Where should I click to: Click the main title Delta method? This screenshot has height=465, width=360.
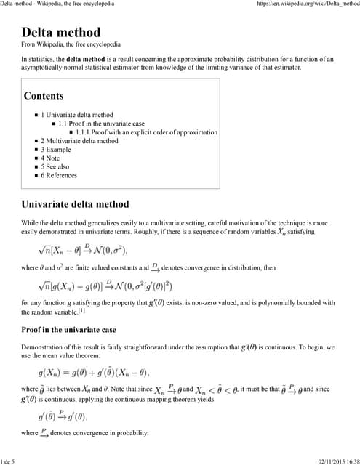[x=61, y=33]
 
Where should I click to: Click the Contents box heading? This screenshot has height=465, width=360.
[x=44, y=96]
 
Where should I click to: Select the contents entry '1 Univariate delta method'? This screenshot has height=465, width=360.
[x=77, y=115]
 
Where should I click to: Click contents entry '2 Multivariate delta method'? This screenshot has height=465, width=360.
[x=79, y=141]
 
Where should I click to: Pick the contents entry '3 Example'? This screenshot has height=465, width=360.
[x=56, y=150]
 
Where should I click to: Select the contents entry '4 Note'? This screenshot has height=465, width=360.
[x=50, y=158]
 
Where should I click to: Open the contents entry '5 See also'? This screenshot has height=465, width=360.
[x=55, y=166]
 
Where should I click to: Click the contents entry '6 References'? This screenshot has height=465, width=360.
[x=59, y=175]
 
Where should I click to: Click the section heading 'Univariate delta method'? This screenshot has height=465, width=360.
[x=75, y=204]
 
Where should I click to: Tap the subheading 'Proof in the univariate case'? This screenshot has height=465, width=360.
[x=68, y=330]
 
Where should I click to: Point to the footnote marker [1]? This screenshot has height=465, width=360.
[x=82, y=311]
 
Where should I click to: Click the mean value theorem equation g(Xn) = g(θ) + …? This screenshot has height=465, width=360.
[x=93, y=373]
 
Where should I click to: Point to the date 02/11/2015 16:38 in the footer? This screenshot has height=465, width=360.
[x=337, y=461]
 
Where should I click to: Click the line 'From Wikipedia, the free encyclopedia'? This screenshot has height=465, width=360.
[x=71, y=44]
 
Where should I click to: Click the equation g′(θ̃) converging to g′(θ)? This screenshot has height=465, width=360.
[x=73, y=416]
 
